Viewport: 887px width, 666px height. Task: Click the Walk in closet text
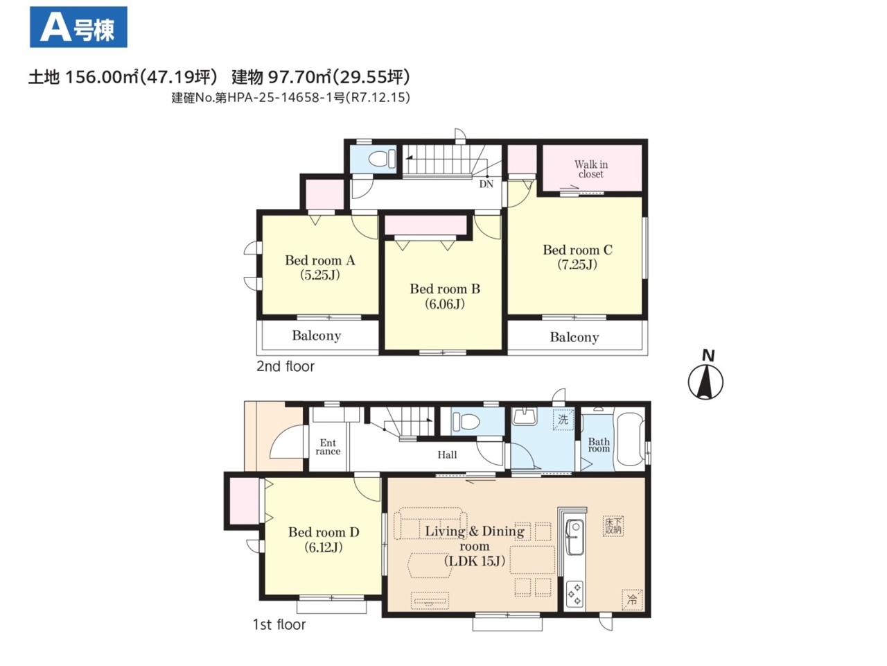click(591, 169)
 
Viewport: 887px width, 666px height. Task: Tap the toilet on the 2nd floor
click(382, 158)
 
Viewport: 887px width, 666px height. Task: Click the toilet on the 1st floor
click(466, 421)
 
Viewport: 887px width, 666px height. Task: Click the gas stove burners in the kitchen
click(574, 593)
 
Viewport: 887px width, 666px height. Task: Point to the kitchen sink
click(574, 537)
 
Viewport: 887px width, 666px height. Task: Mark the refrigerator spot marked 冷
click(631, 599)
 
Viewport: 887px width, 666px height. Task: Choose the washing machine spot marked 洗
click(563, 419)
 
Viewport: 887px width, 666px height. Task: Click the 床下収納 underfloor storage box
click(613, 526)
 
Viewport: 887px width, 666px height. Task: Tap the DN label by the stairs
click(486, 184)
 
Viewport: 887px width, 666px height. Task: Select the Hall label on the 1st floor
click(447, 455)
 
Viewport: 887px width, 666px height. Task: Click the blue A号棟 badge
click(78, 27)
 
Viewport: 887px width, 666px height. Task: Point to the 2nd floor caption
click(286, 366)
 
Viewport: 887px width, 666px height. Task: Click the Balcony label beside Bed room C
click(574, 337)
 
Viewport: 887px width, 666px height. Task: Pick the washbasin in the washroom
click(524, 416)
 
